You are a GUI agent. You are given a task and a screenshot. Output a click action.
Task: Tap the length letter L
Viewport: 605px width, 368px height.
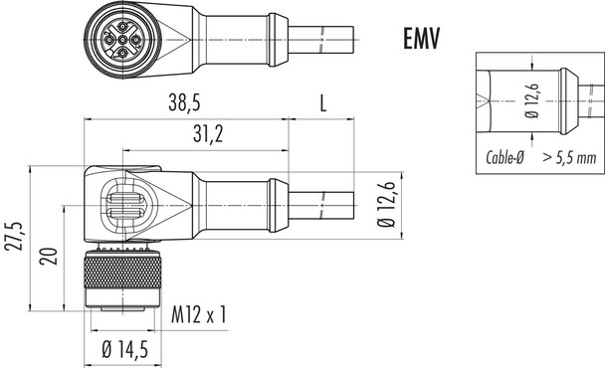pyautogui.click(x=322, y=102)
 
